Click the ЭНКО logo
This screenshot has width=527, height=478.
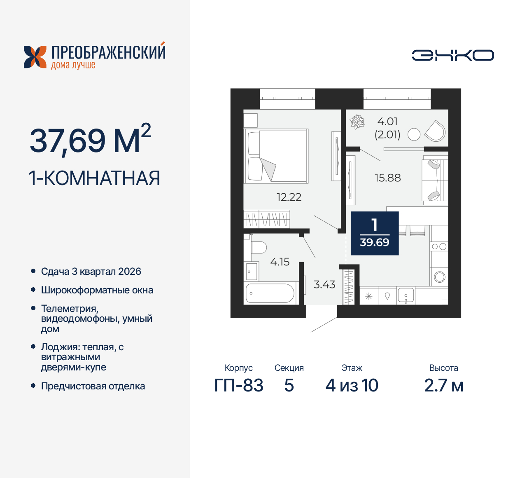452,55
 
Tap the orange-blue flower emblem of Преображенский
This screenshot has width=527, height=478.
35,57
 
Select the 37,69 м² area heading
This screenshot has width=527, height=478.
90,140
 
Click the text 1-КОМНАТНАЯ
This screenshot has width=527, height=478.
94,178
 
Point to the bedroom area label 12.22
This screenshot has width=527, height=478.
289,197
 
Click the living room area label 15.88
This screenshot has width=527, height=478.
387,178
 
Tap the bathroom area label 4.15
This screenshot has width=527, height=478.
280,262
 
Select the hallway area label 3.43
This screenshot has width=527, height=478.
324,285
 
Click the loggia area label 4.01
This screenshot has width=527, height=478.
387,122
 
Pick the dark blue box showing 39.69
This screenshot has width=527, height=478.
375,233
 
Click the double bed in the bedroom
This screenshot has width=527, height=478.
276,156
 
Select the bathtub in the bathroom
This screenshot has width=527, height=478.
270,293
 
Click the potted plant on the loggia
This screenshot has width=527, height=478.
357,122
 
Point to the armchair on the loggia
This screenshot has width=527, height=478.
435,131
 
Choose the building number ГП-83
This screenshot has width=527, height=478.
239,386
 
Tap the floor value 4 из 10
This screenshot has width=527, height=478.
352,386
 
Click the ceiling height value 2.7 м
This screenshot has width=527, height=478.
443,386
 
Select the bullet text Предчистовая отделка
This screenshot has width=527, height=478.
93,386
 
